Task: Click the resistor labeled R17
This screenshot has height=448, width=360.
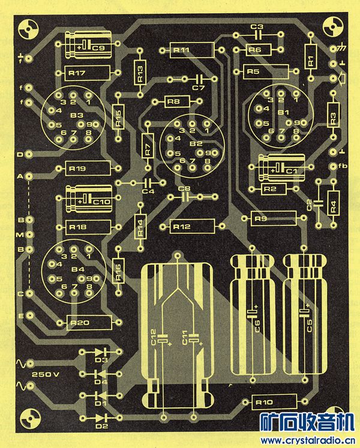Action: click(82, 73)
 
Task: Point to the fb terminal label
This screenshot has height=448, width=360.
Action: click(343, 166)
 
